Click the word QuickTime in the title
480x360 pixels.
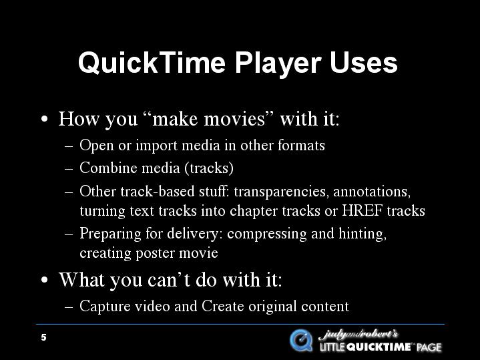pos(152,63)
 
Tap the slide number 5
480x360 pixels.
pos(43,337)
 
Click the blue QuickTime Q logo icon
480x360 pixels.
pos(301,340)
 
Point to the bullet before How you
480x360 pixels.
pos(45,119)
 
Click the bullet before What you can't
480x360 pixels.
pos(45,280)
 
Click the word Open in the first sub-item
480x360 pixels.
pos(96,146)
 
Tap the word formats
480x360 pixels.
pos(301,145)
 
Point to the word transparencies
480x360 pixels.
pos(281,192)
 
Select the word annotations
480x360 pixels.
pos(372,192)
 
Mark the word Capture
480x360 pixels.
pos(105,307)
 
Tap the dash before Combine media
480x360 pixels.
pos(69,169)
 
